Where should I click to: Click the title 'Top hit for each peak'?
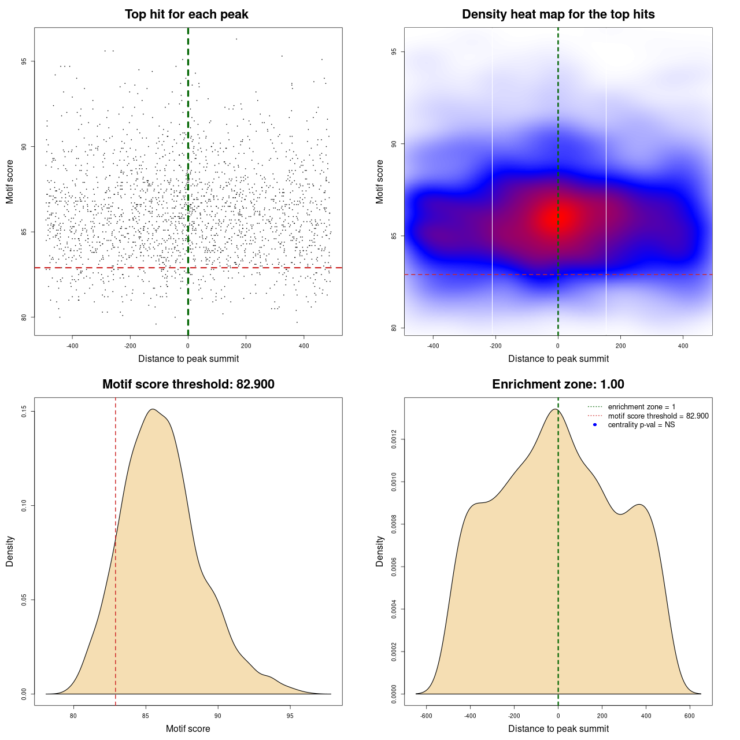click(186, 14)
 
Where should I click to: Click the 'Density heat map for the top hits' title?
click(558, 14)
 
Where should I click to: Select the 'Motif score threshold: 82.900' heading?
click(188, 384)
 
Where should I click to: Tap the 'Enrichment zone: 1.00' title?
click(558, 384)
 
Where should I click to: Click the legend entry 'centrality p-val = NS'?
click(641, 425)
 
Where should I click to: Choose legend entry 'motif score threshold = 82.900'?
click(658, 416)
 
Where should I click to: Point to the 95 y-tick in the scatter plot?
click(24, 61)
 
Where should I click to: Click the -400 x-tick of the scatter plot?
click(72, 346)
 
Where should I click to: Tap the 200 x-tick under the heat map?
click(620, 346)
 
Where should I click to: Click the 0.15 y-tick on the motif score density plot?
click(24, 412)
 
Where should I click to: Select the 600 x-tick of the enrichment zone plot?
click(690, 716)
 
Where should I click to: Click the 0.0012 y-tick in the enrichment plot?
click(394, 439)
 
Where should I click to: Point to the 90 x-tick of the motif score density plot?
click(217, 716)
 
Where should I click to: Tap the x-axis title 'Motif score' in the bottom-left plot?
click(188, 728)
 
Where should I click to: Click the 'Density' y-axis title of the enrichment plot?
click(380, 551)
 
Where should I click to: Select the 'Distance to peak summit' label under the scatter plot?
click(188, 358)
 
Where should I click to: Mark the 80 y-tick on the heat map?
click(394, 328)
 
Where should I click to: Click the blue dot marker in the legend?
click(595, 425)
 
